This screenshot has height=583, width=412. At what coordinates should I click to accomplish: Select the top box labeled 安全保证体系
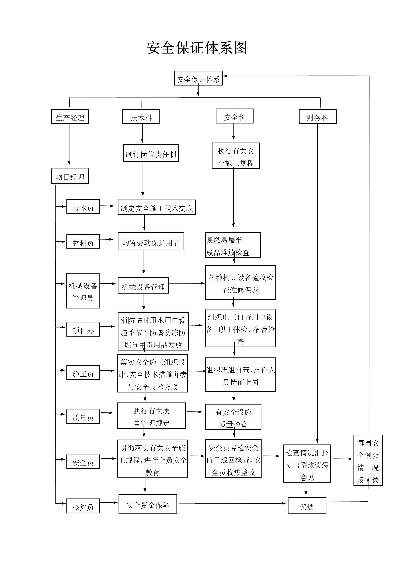tap(198, 78)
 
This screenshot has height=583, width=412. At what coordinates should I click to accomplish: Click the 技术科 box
tap(141, 117)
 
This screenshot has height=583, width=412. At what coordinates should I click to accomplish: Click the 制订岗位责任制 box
tap(151, 153)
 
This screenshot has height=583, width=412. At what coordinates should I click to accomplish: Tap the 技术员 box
tap(83, 206)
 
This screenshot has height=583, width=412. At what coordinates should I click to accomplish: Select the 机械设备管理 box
tap(143, 286)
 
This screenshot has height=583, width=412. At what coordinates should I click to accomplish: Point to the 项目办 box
tap(83, 329)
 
